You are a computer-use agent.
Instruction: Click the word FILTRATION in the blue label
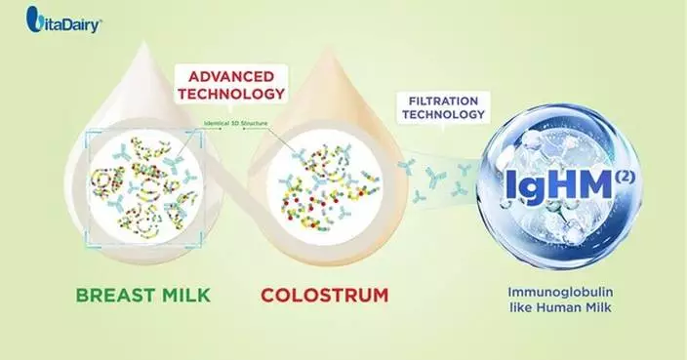coord(442,99)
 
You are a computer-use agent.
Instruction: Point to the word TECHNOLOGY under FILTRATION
coord(442,114)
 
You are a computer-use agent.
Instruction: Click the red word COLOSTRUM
coord(327,293)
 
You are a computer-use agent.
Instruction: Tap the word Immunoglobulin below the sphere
coord(552,292)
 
